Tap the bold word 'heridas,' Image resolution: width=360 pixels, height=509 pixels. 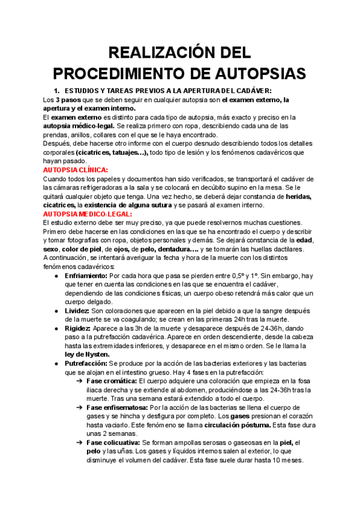pos(302,196)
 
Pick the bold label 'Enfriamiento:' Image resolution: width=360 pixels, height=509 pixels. pos(86,276)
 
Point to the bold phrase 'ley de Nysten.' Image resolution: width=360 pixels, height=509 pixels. pos(88,354)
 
